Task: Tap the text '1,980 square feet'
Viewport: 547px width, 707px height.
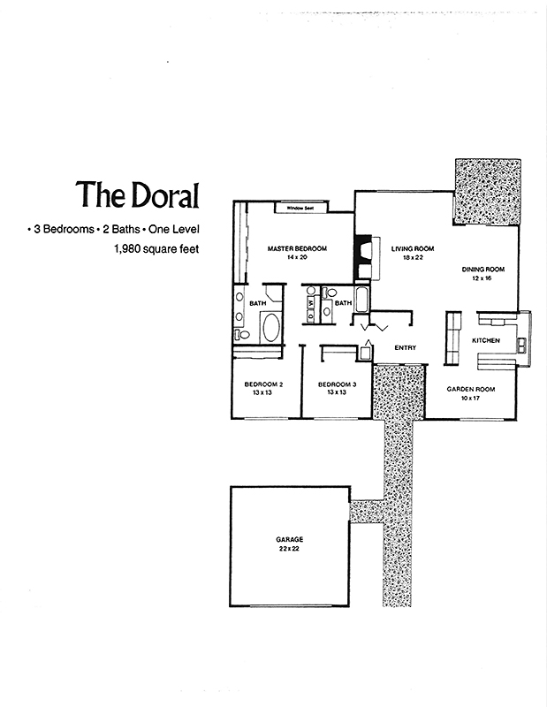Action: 157,248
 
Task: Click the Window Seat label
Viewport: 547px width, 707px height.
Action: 300,208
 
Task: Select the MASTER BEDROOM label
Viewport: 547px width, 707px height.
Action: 297,248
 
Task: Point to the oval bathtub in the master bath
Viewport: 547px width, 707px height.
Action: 270,327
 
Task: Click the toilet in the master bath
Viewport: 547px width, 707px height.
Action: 242,334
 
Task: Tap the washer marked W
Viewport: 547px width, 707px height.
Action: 311,303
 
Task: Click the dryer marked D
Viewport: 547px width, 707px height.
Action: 311,316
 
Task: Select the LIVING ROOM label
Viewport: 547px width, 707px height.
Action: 413,248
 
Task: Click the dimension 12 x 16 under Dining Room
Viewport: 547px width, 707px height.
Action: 482,278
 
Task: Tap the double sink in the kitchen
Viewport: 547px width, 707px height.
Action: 522,345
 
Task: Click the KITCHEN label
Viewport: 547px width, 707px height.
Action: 486,340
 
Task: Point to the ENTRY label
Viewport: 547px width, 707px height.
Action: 405,347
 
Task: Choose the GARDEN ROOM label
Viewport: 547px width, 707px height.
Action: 471,389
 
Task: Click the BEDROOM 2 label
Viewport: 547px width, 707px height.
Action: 263,384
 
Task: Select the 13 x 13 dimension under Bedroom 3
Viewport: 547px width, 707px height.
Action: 337,392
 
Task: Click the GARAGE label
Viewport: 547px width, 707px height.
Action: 290,539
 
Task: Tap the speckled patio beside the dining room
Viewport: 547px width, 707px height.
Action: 488,191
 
